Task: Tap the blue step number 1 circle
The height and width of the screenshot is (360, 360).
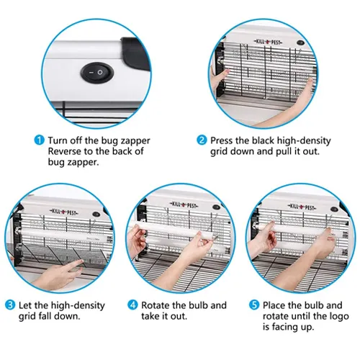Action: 40,140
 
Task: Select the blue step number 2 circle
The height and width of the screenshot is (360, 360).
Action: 202,140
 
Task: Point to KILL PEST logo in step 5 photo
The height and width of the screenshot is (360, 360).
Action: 302,207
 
